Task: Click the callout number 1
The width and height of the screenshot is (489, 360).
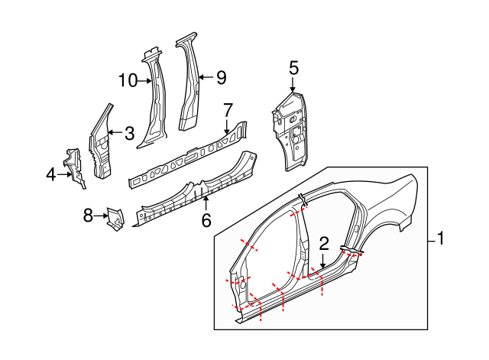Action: click(x=441, y=240)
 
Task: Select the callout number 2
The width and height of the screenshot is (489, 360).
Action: click(x=324, y=244)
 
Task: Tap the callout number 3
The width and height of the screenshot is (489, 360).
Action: click(x=129, y=133)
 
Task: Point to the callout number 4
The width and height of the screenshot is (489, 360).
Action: click(x=51, y=175)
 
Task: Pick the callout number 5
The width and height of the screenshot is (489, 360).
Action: click(x=293, y=68)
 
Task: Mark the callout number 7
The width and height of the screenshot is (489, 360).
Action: click(x=227, y=110)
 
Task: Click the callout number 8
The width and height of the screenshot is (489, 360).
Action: click(x=88, y=216)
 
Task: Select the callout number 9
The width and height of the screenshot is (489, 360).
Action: click(x=222, y=76)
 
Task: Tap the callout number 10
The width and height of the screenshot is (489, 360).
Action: click(x=127, y=79)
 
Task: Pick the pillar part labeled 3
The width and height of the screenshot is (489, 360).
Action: click(x=101, y=145)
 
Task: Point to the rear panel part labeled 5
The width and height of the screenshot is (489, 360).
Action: click(x=292, y=130)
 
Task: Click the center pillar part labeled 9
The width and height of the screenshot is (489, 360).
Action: click(x=188, y=84)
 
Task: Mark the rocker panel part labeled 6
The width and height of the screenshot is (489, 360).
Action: click(x=195, y=192)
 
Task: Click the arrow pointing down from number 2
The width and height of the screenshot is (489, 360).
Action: click(x=323, y=261)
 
